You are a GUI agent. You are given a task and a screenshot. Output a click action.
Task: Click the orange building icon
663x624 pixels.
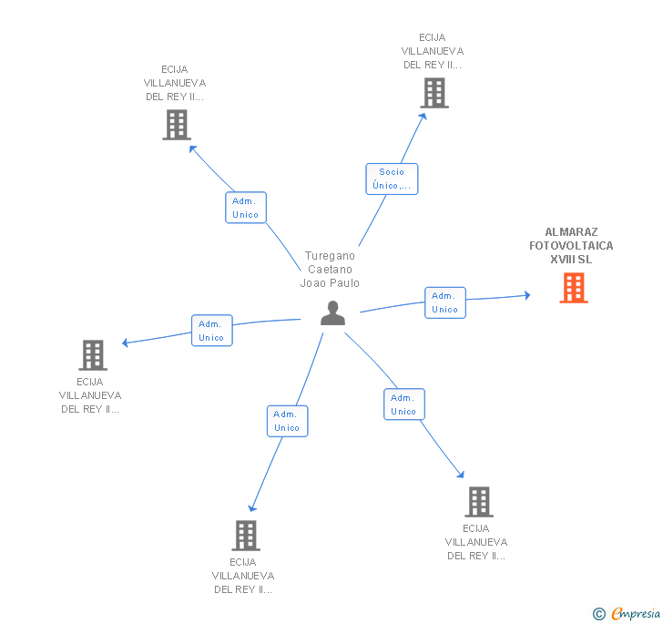(573, 288)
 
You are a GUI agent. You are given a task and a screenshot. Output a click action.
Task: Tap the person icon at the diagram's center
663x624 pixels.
(333, 313)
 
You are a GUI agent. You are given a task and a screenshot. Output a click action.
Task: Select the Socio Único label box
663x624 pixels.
(392, 179)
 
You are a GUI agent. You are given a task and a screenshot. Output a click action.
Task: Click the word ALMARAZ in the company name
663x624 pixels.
(571, 232)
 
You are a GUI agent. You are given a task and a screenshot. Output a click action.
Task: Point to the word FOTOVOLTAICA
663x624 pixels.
(571, 246)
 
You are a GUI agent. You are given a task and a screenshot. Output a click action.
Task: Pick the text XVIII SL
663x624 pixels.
(571, 260)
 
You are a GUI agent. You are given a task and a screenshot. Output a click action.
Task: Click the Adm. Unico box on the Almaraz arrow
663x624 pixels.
(444, 302)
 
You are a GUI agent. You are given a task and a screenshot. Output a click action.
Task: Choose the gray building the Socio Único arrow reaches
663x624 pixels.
(434, 93)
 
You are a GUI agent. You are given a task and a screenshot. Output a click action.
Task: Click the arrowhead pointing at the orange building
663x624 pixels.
(526, 295)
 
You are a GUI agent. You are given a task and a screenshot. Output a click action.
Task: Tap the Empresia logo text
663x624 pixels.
(636, 614)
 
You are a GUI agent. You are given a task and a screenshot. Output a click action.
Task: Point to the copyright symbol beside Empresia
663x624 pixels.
(598, 615)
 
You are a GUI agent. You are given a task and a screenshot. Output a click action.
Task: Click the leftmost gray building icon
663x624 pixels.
(92, 355)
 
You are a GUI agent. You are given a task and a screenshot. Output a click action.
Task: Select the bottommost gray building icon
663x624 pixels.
(246, 536)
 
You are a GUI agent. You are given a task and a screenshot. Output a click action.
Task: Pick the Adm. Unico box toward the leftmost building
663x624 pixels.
(211, 330)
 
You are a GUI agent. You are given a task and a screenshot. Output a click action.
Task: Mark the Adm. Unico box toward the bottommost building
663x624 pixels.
(287, 421)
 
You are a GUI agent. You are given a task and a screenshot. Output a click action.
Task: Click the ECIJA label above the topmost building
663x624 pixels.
(433, 37)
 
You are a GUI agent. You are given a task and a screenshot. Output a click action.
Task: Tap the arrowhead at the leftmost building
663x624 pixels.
(126, 343)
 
